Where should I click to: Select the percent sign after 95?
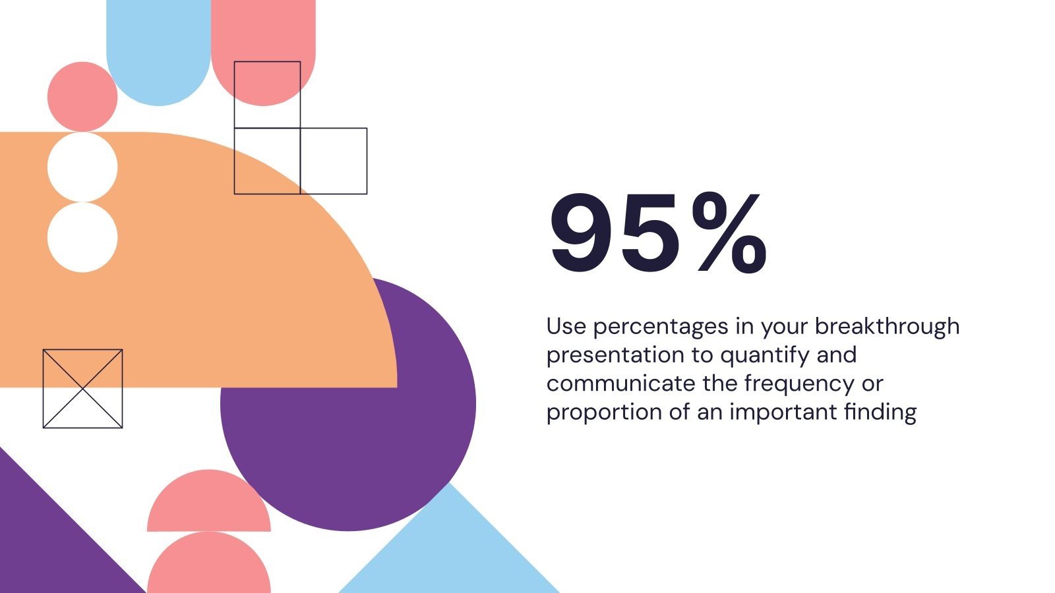(x=729, y=233)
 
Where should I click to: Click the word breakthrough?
(x=887, y=325)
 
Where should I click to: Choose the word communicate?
(x=620, y=383)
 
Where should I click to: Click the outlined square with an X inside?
(x=83, y=389)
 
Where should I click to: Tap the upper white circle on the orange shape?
(x=82, y=167)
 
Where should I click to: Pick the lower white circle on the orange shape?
(x=82, y=237)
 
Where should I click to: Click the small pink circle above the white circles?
(x=82, y=96)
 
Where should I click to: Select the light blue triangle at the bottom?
(x=449, y=551)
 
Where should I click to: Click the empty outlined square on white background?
(x=334, y=161)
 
